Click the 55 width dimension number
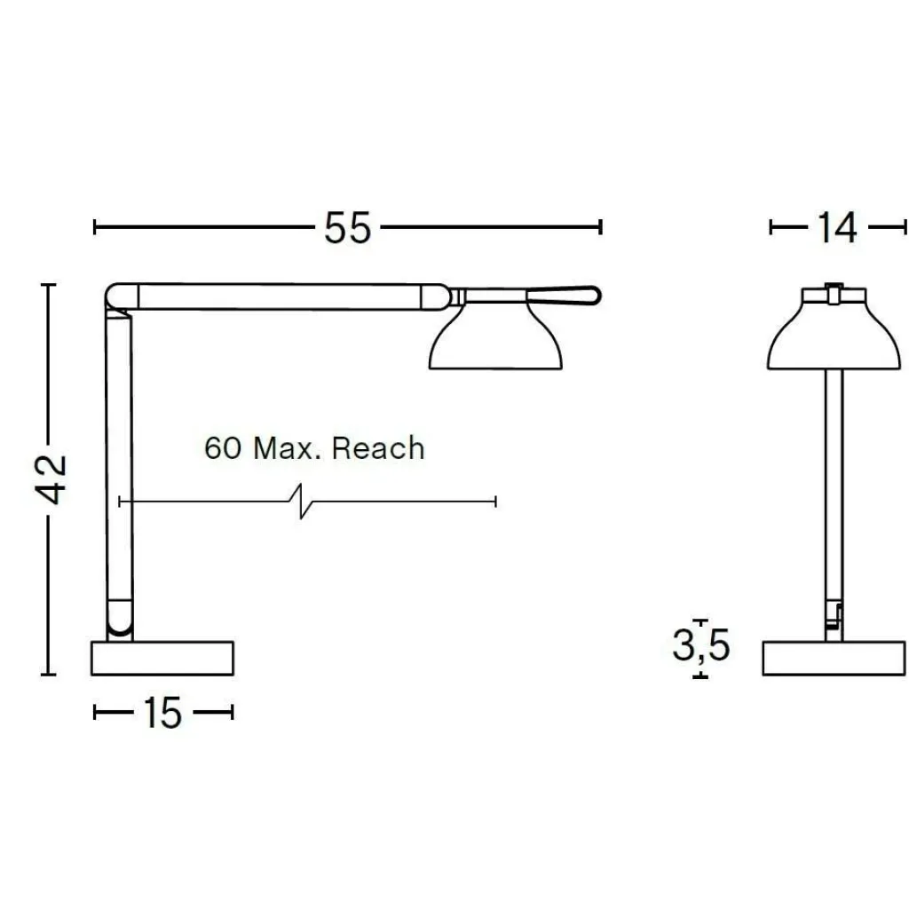[x=347, y=228]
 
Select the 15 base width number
[x=162, y=713]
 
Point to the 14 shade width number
[x=837, y=228]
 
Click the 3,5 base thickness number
[x=700, y=645]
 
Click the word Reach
[x=378, y=448]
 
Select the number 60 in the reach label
[x=223, y=448]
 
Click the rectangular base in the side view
[x=162, y=658]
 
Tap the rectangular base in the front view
[x=834, y=658]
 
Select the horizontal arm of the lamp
[x=284, y=296]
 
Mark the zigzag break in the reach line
[x=302, y=502]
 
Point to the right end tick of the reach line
[x=494, y=502]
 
